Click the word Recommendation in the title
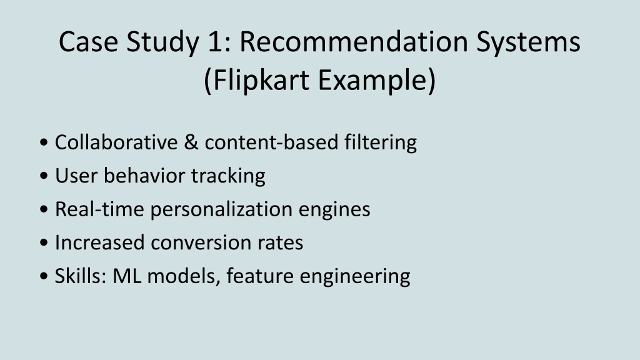coord(354,42)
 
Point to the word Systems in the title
coord(528,42)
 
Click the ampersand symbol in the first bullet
coord(191,142)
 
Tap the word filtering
coord(381,143)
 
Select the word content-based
coord(271,142)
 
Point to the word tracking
coord(228,176)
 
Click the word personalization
coord(221,210)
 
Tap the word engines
coord(334,210)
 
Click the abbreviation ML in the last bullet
coord(126,276)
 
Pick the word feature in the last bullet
coord(259,276)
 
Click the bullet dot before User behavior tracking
coord(44,176)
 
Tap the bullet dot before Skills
coord(44,276)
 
